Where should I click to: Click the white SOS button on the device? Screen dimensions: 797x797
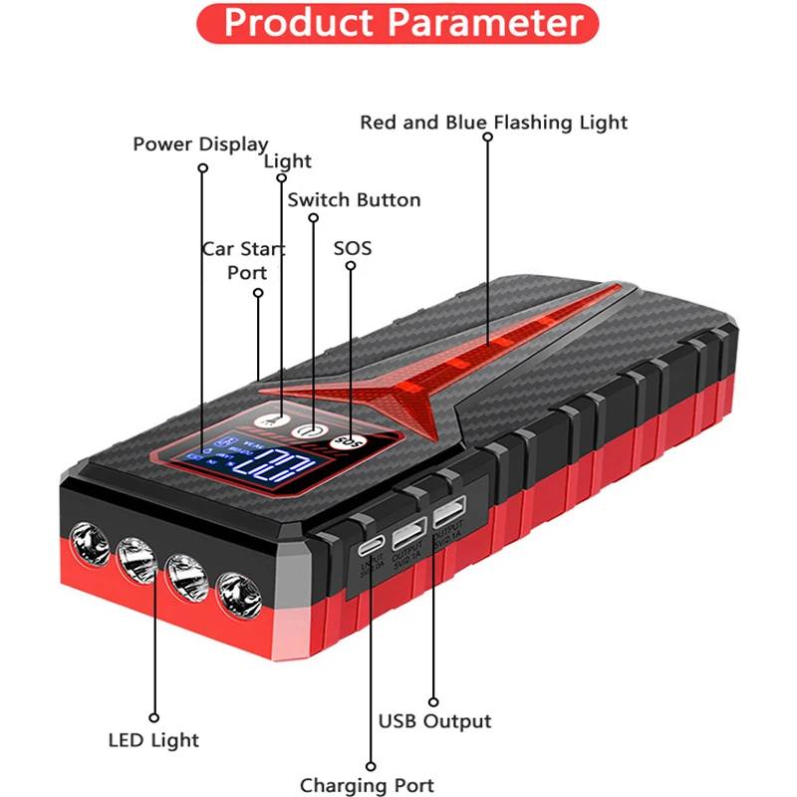point(348,440)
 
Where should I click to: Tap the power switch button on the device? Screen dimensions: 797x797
point(311,431)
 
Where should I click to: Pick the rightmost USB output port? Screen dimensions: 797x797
point(447,518)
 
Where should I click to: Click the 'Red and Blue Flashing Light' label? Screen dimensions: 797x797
point(494,123)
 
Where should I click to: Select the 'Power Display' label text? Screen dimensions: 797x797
point(200,144)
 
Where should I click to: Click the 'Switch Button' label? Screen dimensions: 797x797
point(354,199)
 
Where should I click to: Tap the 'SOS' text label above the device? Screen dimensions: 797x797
point(352,247)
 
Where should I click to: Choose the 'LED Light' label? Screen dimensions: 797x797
point(153,739)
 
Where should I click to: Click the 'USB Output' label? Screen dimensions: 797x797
point(435,720)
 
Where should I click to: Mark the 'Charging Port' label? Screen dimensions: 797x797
point(367,785)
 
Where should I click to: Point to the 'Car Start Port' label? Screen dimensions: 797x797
point(245,259)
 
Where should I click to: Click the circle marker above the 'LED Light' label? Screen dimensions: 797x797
point(154,715)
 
